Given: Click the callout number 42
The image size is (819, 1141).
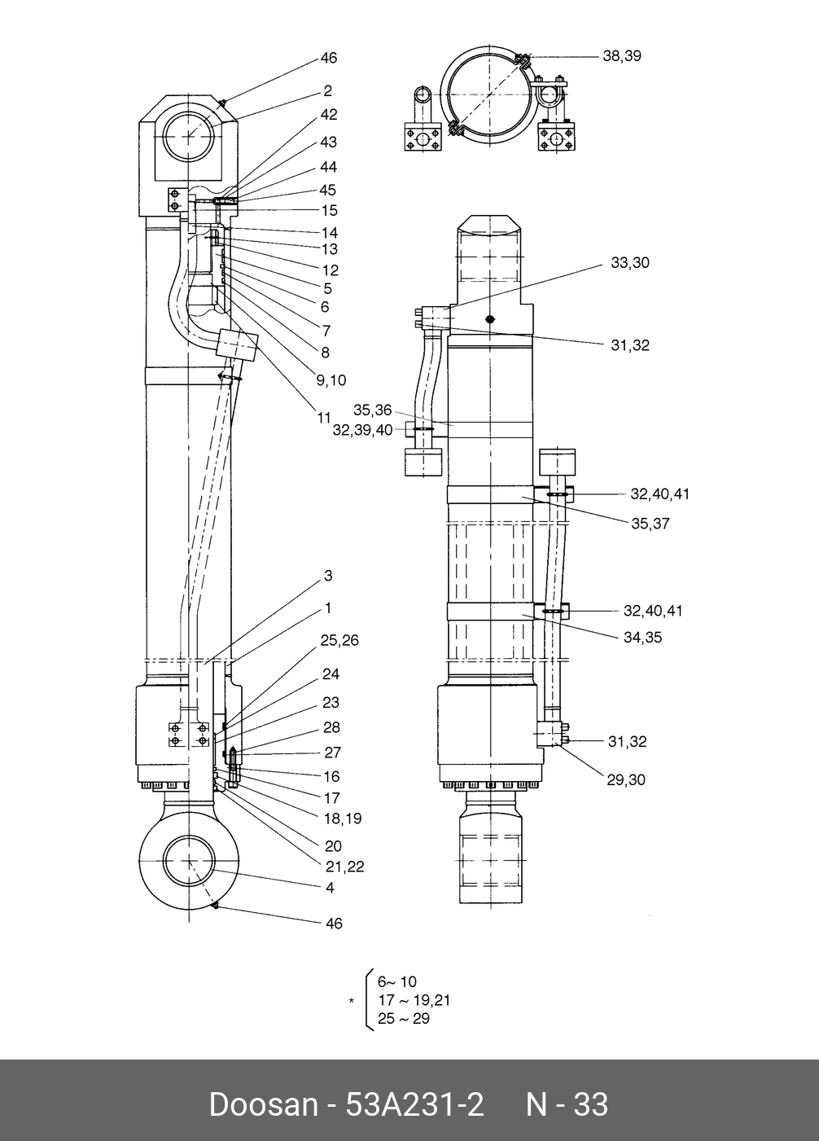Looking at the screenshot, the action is [x=329, y=114].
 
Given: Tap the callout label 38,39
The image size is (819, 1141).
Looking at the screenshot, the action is [x=622, y=56].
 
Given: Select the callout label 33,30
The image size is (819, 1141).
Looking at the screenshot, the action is [x=630, y=263].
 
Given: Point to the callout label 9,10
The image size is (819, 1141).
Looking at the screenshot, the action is [x=331, y=380].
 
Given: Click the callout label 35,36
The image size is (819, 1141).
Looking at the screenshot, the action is [x=372, y=410].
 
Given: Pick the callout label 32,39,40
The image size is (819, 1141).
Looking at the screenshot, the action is [x=362, y=431].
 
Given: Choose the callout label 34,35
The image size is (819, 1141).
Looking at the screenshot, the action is [x=643, y=637].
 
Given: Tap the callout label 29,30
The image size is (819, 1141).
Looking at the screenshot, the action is [x=626, y=780].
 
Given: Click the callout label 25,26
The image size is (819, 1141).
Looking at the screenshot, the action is [x=339, y=640].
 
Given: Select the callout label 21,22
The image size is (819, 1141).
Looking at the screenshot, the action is [x=345, y=867].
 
